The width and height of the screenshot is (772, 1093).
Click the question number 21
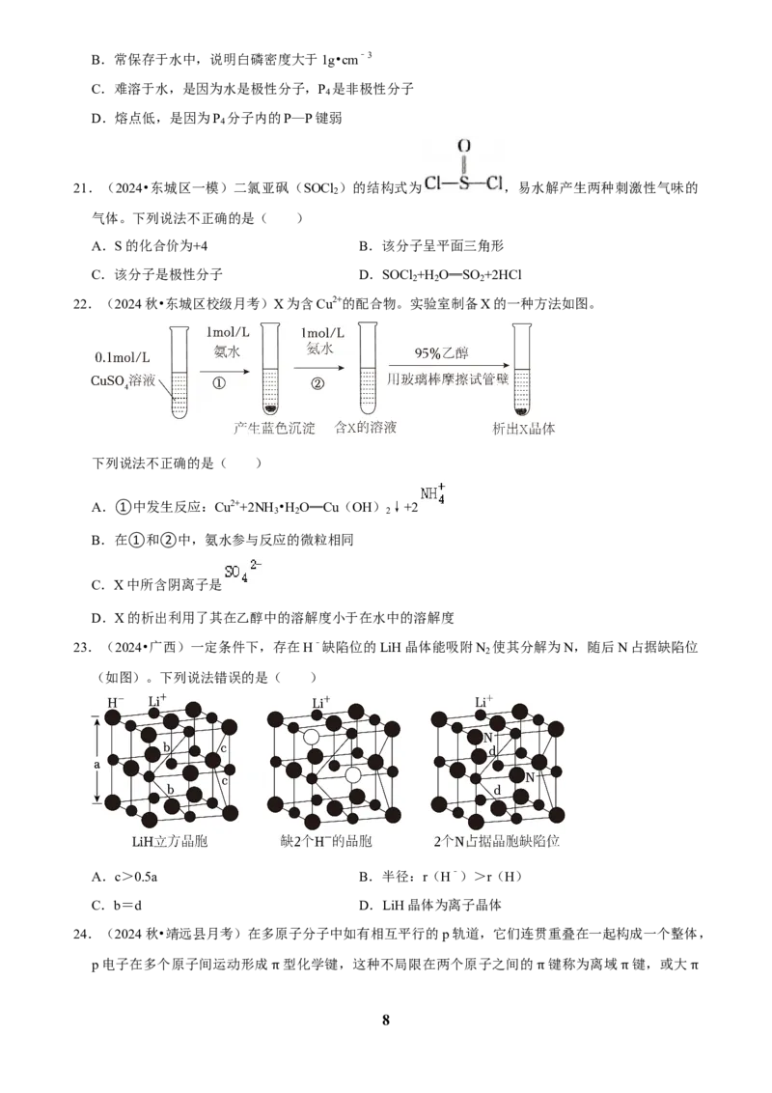point(81,188)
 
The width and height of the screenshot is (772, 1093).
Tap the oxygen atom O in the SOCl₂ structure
point(464,147)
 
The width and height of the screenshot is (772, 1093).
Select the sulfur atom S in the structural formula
point(463,183)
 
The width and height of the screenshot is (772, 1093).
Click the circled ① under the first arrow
point(218,382)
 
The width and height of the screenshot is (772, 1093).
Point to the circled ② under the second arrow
point(317,382)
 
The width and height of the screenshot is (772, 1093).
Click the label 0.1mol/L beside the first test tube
point(122,357)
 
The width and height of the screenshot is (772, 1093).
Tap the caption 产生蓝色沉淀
point(274,428)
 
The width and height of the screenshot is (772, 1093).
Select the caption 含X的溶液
point(366,428)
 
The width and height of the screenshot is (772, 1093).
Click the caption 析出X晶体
point(524,429)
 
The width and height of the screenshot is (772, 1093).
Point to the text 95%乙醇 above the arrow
point(441,352)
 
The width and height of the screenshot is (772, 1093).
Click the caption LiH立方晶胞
point(170,841)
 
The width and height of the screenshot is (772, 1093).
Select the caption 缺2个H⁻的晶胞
point(326,841)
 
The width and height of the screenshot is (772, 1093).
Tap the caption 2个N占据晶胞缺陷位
point(497,841)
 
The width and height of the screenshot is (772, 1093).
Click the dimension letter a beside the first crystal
point(96,764)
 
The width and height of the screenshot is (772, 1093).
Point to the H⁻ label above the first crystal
point(115,702)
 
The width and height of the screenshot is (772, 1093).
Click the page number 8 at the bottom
point(386,1020)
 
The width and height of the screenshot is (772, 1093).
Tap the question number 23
point(81,648)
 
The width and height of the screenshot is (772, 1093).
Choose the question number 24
point(81,934)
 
